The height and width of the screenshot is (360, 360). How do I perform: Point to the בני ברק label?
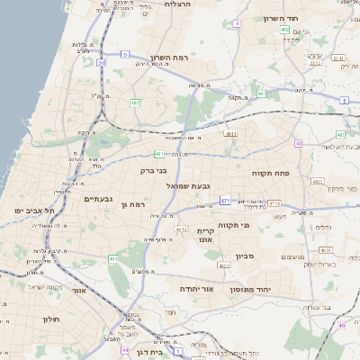coord(154,170)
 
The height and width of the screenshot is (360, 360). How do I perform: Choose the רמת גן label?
coord(133,206)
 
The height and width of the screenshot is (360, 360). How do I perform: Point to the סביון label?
coord(246,256)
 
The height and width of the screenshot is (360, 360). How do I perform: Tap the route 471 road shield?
coord(225,201)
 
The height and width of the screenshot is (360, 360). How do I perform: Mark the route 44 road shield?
coord(125,350)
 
